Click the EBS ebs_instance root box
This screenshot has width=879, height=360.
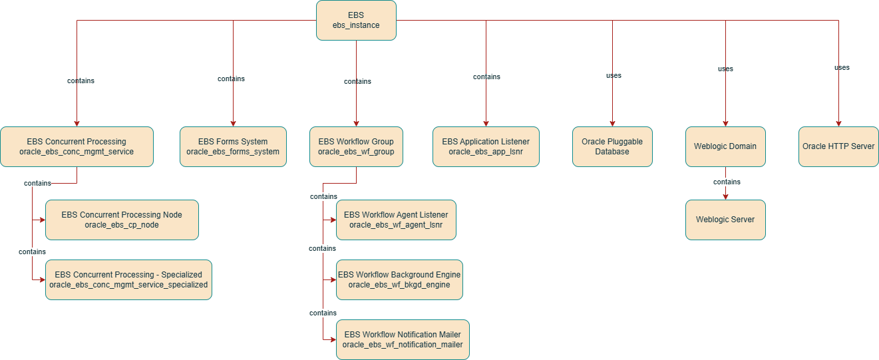point(356,20)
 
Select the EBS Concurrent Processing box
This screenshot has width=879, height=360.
point(77,146)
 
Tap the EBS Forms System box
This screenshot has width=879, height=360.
point(233,146)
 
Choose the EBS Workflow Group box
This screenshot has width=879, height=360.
point(356,146)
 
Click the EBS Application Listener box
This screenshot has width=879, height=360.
point(486,146)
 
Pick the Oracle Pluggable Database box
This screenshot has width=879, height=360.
point(612,146)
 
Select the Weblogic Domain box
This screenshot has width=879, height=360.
point(725,146)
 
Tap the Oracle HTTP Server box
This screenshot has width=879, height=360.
point(838,146)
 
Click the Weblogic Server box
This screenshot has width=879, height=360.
point(725,220)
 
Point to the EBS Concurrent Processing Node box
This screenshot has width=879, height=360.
point(122,220)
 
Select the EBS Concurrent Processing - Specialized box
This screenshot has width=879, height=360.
point(128,279)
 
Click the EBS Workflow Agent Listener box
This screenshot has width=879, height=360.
point(396,220)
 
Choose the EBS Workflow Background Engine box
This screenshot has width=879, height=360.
point(399,279)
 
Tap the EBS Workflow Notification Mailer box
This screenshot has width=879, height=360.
point(403,339)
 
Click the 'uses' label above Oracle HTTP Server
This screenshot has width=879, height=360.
point(842,67)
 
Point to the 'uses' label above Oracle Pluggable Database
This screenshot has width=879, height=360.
point(614,75)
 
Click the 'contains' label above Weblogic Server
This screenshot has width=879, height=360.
point(727,182)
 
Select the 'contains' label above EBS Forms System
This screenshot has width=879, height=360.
point(231,79)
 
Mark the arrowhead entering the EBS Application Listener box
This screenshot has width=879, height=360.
point(486,123)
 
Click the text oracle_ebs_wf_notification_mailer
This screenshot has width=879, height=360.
point(403,345)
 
